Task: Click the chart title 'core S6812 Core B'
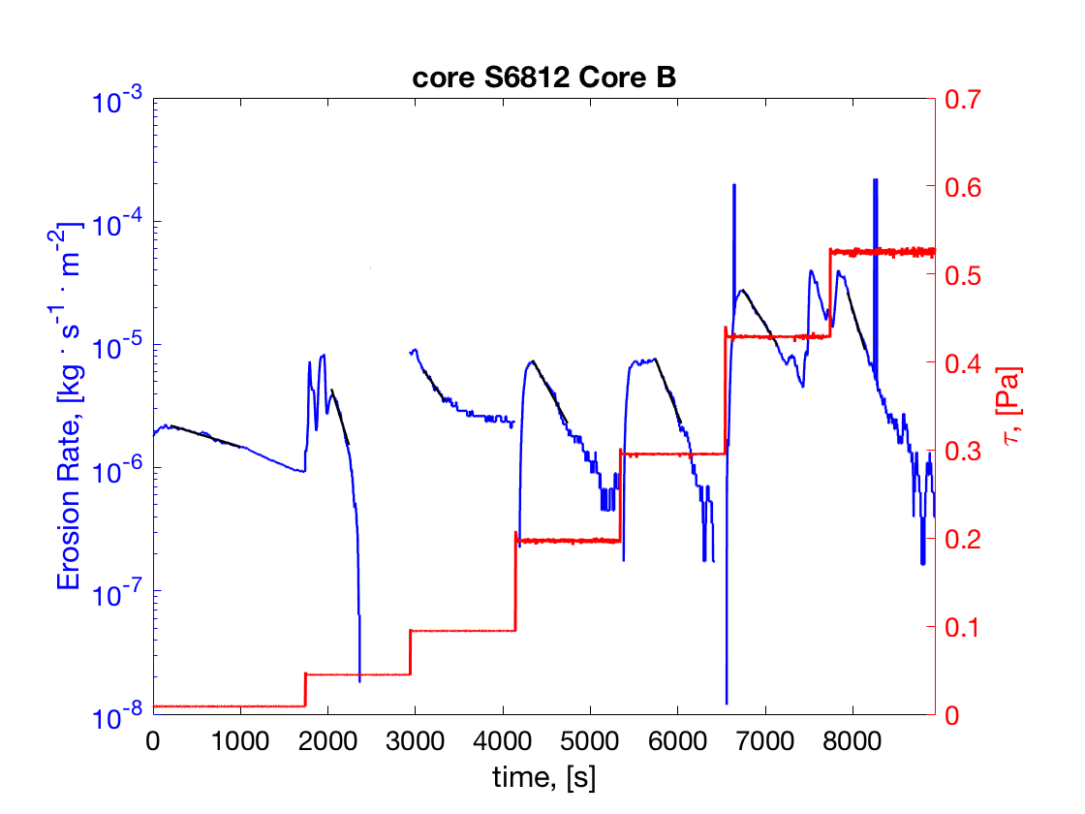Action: pyautogui.click(x=543, y=78)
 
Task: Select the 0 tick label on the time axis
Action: pyautogui.click(x=153, y=741)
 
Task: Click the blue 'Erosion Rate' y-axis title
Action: pyautogui.click(x=70, y=407)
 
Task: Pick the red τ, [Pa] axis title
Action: pyautogui.click(x=1011, y=407)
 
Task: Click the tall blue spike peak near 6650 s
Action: pyautogui.click(x=734, y=185)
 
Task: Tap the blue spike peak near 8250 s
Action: pyautogui.click(x=875, y=180)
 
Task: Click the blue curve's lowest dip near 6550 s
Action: pyautogui.click(x=726, y=703)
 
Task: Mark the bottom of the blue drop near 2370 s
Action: pyautogui.click(x=359, y=681)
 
